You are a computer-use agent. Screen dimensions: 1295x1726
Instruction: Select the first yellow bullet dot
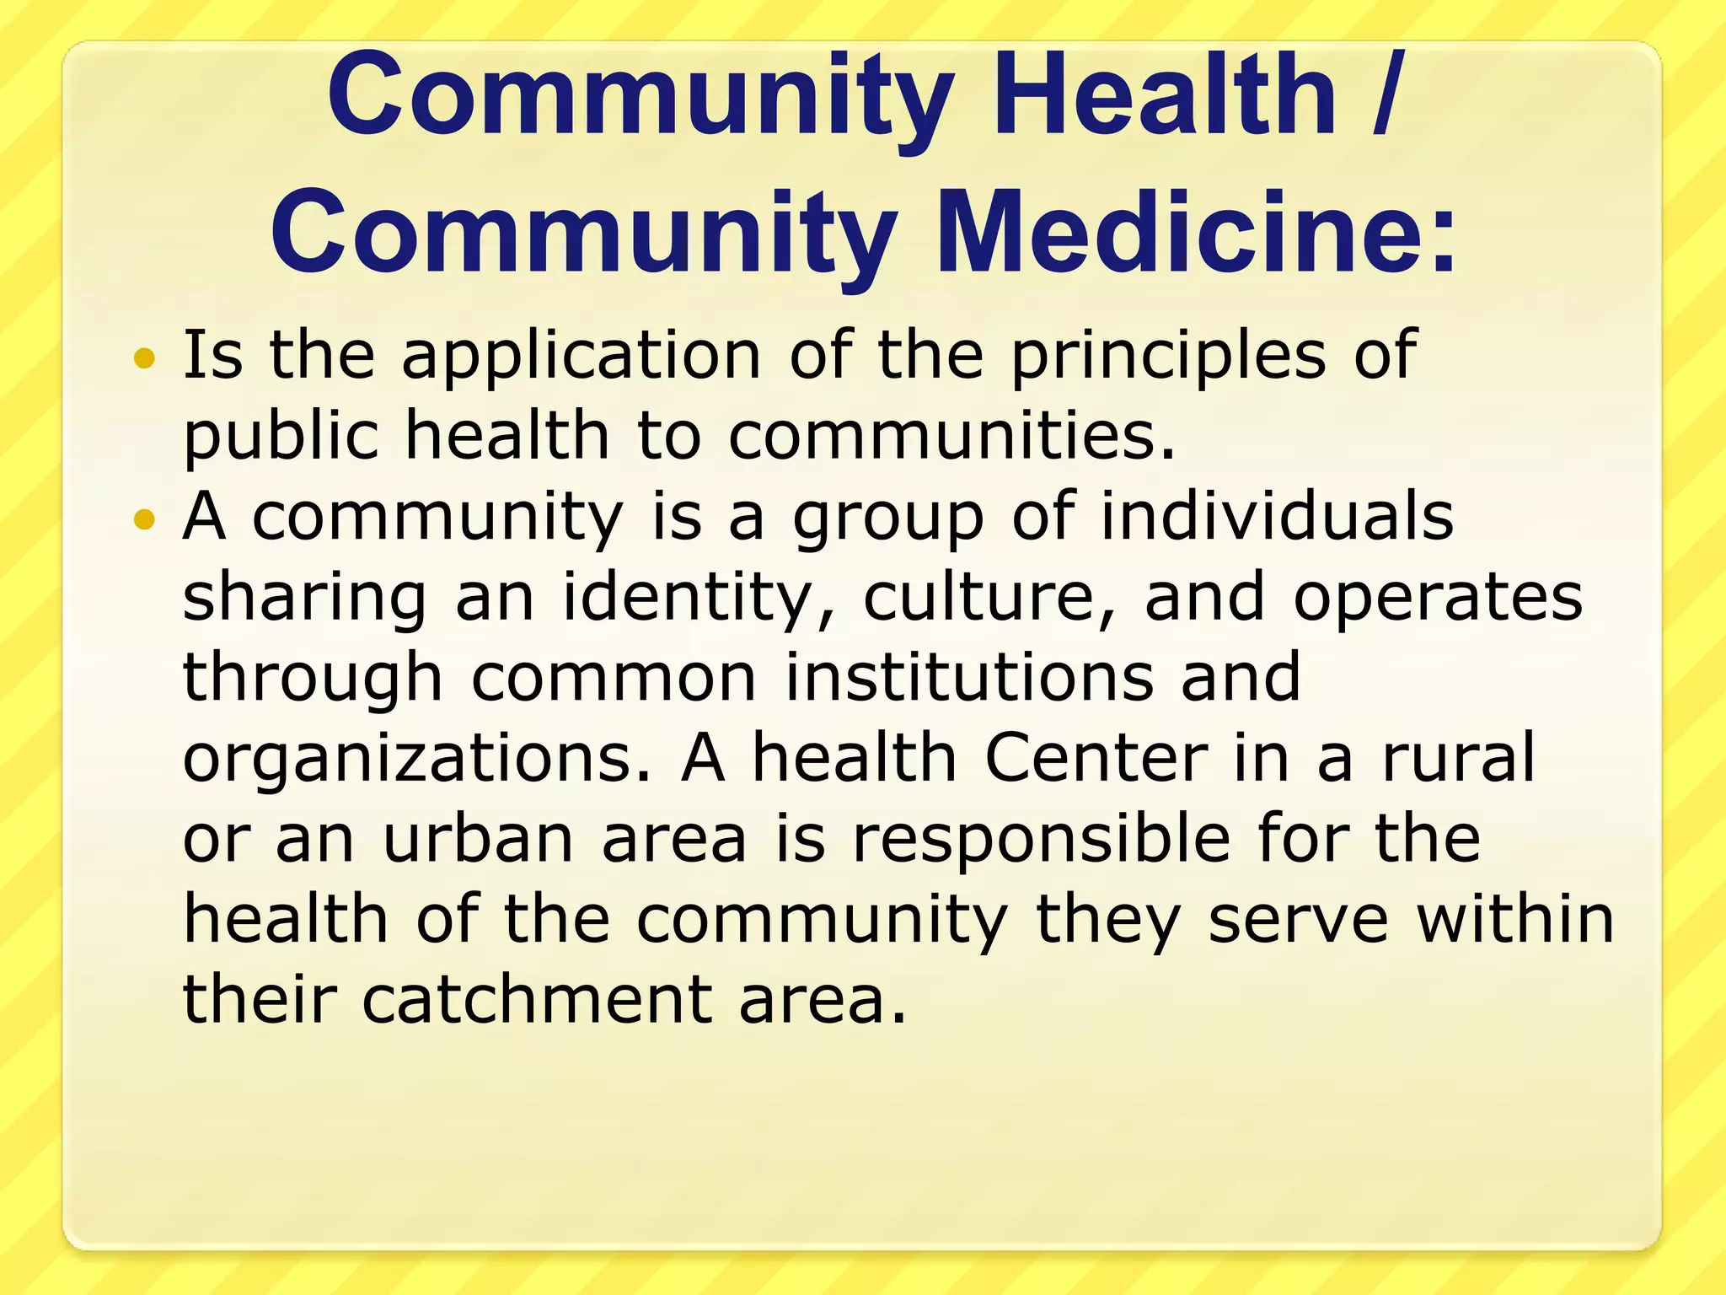[145, 358]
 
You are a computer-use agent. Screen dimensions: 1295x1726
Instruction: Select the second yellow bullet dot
[145, 519]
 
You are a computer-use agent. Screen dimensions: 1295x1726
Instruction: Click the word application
[581, 357]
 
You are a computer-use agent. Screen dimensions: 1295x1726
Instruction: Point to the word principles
[1168, 357]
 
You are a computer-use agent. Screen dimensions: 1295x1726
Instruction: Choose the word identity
[699, 597]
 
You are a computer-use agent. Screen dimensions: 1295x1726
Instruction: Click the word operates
[1438, 597]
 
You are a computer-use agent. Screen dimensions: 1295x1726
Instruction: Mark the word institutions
[969, 677]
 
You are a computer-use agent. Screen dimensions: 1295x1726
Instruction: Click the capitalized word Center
[1096, 757]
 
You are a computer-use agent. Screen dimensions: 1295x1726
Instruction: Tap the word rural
[1458, 757]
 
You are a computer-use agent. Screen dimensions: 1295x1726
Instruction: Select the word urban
[479, 838]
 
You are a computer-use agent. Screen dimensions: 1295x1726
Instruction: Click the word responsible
[1041, 838]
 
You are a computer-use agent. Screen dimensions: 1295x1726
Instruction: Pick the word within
[1514, 918]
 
